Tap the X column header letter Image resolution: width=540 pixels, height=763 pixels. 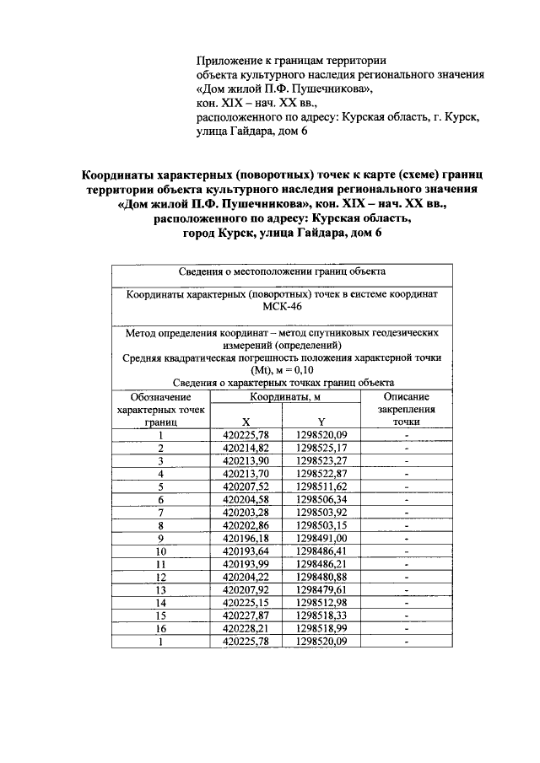pyautogui.click(x=246, y=422)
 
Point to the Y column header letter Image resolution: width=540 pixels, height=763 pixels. pyautogui.click(x=321, y=422)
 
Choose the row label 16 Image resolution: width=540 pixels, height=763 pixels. pyautogui.click(x=160, y=628)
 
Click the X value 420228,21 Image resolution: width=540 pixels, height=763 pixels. pyautogui.click(x=246, y=628)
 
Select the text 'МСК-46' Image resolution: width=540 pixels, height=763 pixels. pyautogui.click(x=283, y=309)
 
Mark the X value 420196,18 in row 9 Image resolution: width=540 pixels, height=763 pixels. pyautogui.click(x=246, y=538)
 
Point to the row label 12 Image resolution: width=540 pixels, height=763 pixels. pyautogui.click(x=160, y=577)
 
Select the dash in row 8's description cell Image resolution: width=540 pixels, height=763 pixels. pyautogui.click(x=406, y=525)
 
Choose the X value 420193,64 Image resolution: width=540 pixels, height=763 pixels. pyautogui.click(x=246, y=551)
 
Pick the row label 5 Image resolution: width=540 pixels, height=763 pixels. pyautogui.click(x=160, y=486)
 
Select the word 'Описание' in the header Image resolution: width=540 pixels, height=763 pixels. pyautogui.click(x=406, y=396)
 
